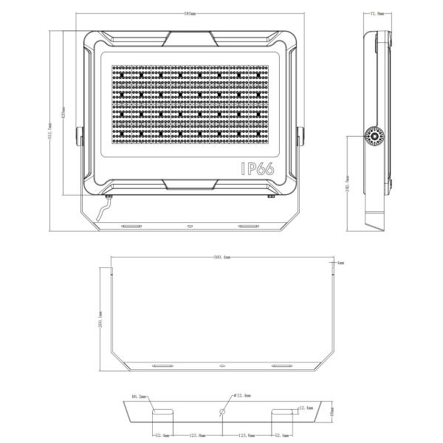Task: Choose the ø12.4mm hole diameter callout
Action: (243, 397)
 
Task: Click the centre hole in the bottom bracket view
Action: (222, 411)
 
